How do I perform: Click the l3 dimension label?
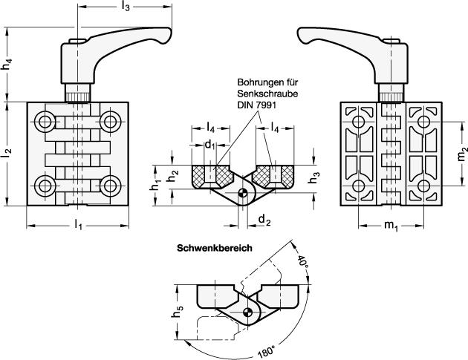tap(126, 7)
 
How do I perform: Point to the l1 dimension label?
tap(78, 224)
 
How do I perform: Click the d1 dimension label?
tap(209, 145)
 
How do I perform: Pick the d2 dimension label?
tap(264, 220)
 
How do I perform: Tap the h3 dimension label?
tap(314, 177)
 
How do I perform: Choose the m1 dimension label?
tap(391, 225)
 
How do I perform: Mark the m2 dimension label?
tap(462, 153)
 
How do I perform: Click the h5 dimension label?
tap(178, 312)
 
